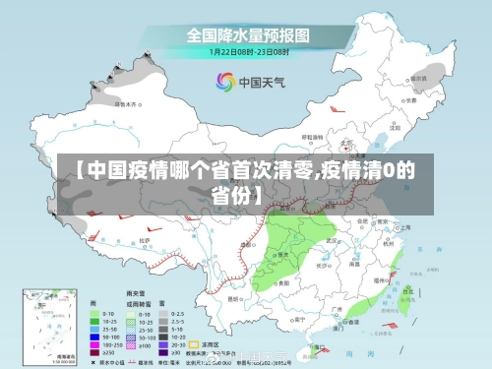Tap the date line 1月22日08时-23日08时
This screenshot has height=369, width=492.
coord(248,51)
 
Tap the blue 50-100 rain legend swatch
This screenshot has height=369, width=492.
coord(93,335)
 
